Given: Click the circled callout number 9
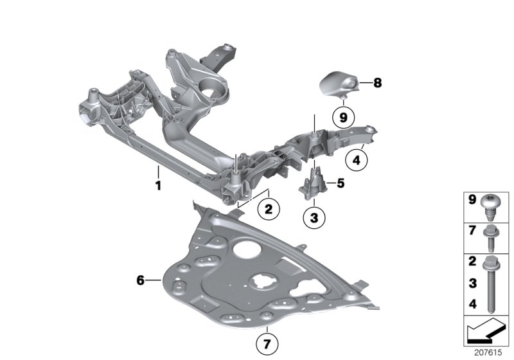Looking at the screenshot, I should pyautogui.click(x=343, y=117).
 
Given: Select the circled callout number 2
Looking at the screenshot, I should pyautogui.click(x=269, y=208).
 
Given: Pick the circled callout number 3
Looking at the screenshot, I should pyautogui.click(x=314, y=218).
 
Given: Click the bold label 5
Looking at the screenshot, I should pyautogui.click(x=341, y=183).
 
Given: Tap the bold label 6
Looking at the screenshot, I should pyautogui.click(x=141, y=280).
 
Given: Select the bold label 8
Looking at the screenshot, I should pyautogui.click(x=377, y=82).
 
